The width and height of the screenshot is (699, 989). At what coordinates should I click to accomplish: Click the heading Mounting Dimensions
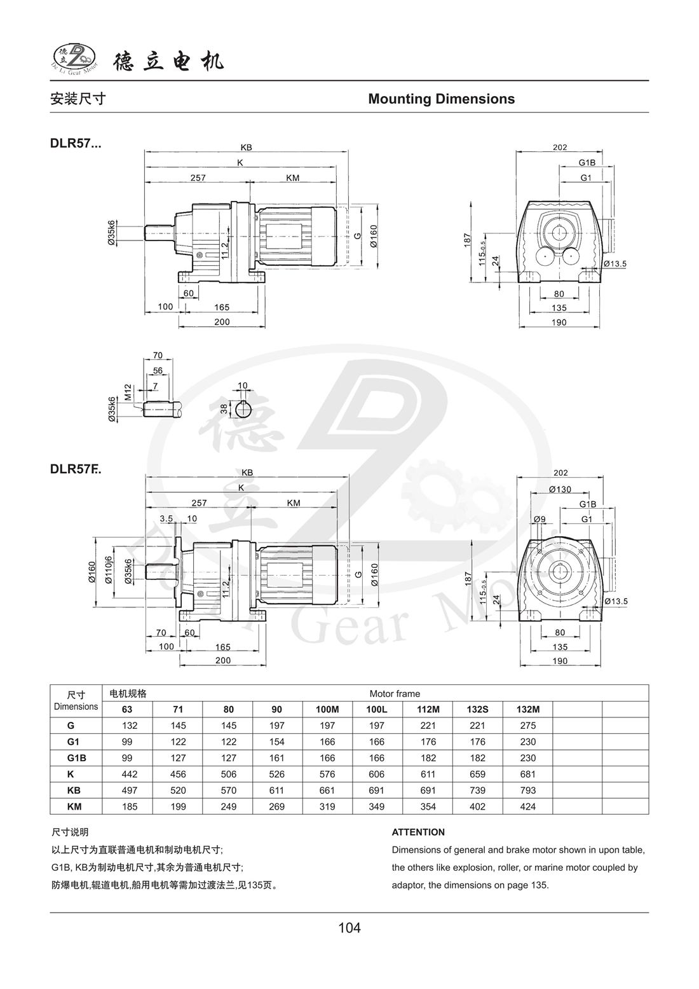point(441,99)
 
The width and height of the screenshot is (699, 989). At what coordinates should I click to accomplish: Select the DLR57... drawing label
point(75,144)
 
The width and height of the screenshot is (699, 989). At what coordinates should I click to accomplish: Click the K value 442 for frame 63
point(129,774)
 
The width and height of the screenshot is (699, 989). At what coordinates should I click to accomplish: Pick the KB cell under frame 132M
point(527,791)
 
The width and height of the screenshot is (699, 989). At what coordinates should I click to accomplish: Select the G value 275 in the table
point(527,726)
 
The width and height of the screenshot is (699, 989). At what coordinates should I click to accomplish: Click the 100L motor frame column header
point(377,709)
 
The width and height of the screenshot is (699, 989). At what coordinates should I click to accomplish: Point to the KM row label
point(75,806)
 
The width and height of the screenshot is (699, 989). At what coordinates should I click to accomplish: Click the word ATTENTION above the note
point(418,832)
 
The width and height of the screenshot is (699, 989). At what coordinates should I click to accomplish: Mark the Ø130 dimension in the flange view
point(559,489)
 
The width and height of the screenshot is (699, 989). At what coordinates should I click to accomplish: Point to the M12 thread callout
point(128,392)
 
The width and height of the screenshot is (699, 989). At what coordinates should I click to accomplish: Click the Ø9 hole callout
point(539,519)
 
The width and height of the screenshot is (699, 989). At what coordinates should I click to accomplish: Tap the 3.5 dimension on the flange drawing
point(166,518)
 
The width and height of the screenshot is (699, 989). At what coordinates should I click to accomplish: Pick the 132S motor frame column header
point(477,709)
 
